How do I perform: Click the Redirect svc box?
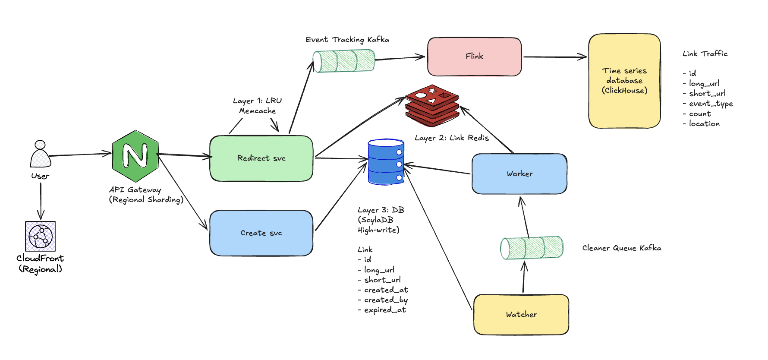(261, 158)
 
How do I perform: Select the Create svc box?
(261, 233)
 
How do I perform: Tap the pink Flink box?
(475, 57)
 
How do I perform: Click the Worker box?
(519, 174)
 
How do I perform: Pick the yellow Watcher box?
(521, 314)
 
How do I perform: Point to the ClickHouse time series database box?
(624, 81)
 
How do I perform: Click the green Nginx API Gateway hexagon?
(135, 156)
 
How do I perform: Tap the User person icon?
(41, 154)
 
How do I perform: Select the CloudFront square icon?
(41, 236)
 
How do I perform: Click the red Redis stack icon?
(432, 105)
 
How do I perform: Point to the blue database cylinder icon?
(386, 162)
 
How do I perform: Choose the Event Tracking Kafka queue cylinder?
(344, 61)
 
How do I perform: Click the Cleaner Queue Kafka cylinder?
(532, 248)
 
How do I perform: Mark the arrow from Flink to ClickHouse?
(555, 57)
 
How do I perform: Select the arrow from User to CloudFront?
(41, 201)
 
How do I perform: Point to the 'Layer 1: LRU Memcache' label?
(258, 106)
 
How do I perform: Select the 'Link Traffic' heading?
(705, 54)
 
